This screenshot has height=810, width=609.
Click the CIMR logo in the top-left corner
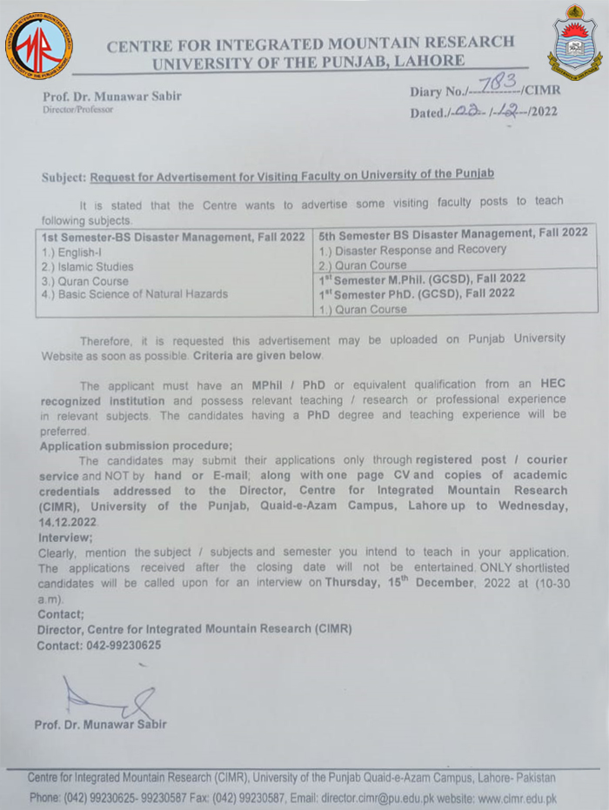coord(37,44)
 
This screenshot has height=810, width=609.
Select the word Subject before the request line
coord(64,177)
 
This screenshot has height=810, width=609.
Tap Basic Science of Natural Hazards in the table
coord(135,295)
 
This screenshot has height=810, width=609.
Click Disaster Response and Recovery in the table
coord(412,250)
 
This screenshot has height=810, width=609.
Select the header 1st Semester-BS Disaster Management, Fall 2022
coord(172,237)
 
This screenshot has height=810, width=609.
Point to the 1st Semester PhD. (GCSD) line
coord(417,294)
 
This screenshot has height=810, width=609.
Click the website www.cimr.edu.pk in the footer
coord(514,798)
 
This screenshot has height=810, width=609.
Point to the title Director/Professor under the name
coord(78,110)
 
